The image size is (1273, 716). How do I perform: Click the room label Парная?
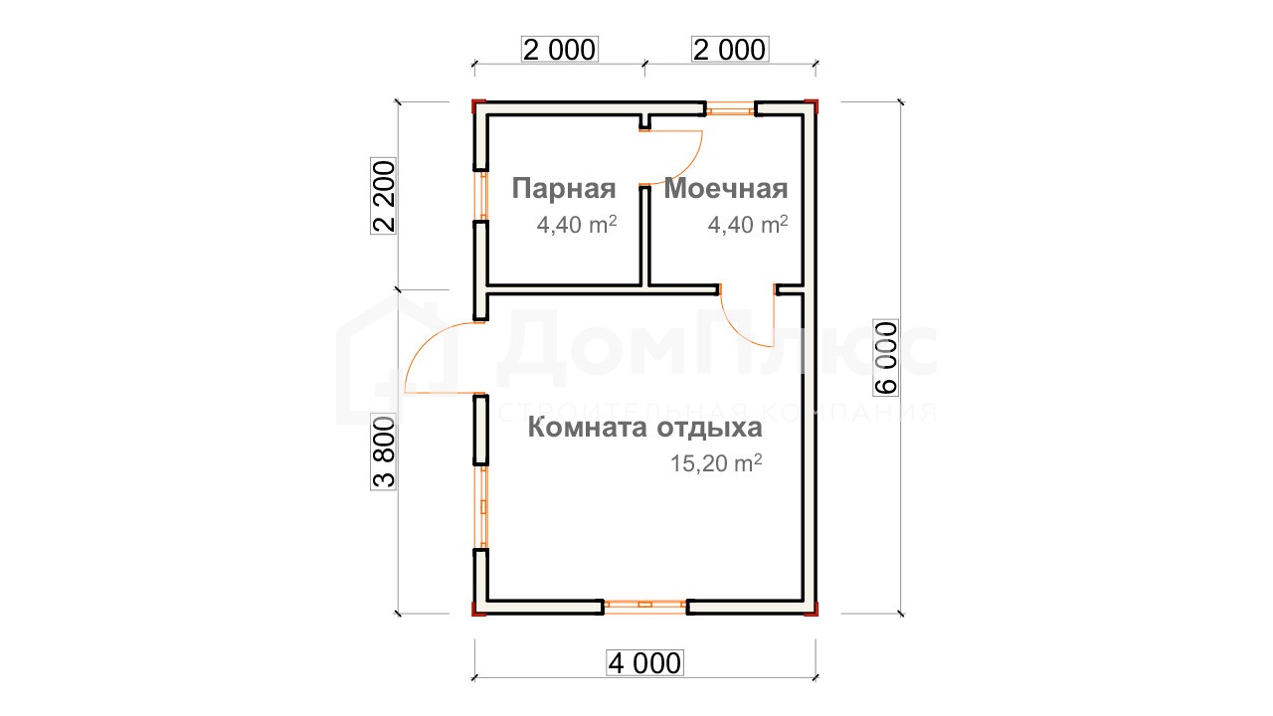[x=564, y=189]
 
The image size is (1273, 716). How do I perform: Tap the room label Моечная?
[x=726, y=189]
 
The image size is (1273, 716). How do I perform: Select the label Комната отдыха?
[x=645, y=428]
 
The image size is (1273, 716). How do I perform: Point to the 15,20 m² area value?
[x=716, y=463]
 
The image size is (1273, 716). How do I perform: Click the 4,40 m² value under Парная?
[x=577, y=225]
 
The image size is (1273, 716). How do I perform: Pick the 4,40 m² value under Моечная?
[x=748, y=225]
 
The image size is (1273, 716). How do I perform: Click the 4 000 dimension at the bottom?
[x=644, y=663]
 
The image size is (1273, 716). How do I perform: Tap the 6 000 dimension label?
[x=886, y=357]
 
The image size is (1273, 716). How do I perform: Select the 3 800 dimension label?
[x=384, y=452]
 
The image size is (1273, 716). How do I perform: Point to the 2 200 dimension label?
[x=384, y=197]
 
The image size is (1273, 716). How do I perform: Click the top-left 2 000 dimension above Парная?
[x=560, y=50]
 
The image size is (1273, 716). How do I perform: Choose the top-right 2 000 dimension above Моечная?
[x=730, y=50]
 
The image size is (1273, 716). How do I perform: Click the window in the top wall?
[x=730, y=108]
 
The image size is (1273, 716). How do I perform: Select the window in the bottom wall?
[x=645, y=607]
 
